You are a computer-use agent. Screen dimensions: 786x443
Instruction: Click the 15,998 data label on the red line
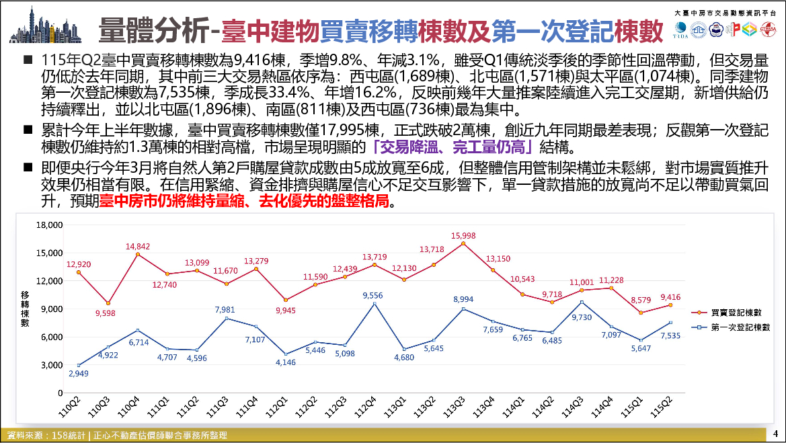coord(463,235)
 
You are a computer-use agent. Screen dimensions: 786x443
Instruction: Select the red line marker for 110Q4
coord(138,255)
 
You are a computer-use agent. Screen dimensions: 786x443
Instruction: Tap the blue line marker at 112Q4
coord(375,304)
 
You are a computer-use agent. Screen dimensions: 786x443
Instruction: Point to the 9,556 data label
coord(372,296)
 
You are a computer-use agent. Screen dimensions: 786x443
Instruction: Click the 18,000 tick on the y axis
coord(49,225)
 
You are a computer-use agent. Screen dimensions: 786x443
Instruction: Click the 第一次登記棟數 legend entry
coord(730,327)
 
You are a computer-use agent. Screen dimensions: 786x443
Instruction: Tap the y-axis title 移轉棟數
coord(25,309)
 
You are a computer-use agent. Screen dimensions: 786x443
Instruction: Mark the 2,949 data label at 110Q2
coord(78,373)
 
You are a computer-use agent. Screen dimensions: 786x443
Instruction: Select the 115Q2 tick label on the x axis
coord(660,407)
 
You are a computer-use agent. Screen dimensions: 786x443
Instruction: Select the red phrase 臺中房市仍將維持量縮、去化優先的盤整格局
coord(244,202)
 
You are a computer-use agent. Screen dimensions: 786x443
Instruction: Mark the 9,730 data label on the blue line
coord(582,317)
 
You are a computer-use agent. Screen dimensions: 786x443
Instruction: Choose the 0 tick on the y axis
coord(60,393)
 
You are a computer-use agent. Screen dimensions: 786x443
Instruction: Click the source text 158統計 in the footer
coord(68,436)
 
